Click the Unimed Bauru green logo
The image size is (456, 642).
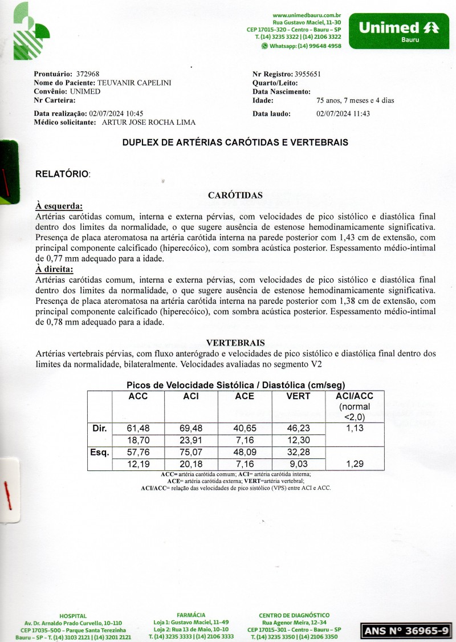coord(398,31)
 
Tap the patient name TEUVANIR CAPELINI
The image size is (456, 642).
coord(135,83)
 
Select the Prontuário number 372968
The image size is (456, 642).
coord(88,74)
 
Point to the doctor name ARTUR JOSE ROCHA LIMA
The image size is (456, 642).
coord(148,122)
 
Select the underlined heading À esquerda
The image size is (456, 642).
coord(59,206)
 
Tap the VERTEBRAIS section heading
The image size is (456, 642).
coord(235,343)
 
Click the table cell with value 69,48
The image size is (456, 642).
coord(191,428)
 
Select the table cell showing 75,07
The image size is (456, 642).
coord(191,453)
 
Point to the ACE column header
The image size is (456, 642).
coord(245,396)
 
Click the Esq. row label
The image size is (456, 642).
coord(100,453)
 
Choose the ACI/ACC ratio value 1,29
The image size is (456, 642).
coord(355,464)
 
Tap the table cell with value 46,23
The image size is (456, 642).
coord(298,428)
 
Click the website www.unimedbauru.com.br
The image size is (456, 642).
coord(307,15)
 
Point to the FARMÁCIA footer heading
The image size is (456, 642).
coord(191,615)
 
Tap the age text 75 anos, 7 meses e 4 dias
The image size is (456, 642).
coord(355,101)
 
